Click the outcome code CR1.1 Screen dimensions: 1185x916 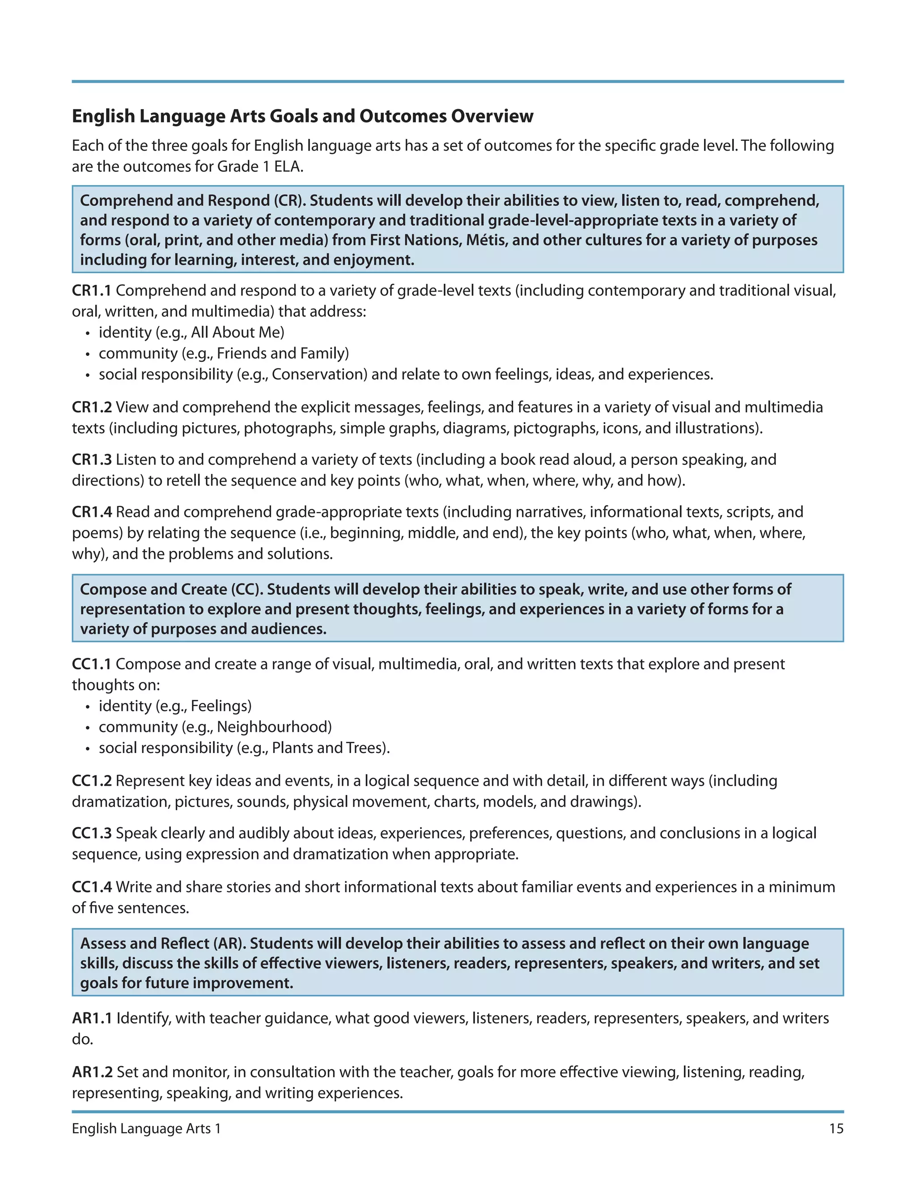coord(91,291)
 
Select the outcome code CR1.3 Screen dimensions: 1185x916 coord(91,460)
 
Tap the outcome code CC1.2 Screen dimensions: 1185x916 coord(91,781)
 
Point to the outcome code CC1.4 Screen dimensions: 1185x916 coord(91,887)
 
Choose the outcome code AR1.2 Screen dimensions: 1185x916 coord(92,1072)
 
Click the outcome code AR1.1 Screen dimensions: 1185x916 coord(91,1018)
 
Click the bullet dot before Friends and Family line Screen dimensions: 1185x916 coord(87,354)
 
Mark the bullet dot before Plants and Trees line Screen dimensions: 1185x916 coord(87,749)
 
